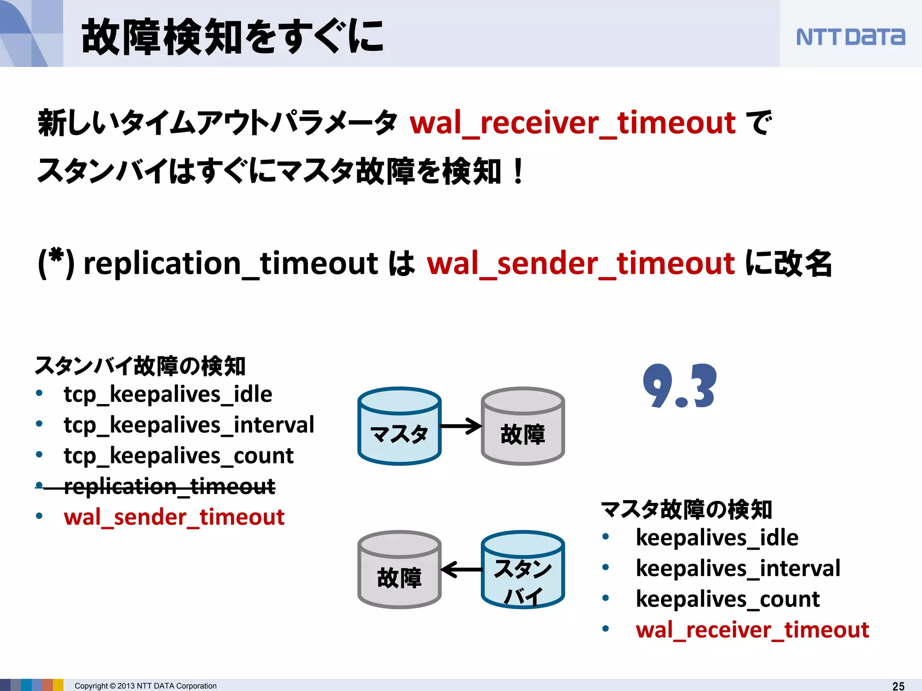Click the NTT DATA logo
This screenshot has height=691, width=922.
click(850, 37)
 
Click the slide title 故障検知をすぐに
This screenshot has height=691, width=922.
click(232, 37)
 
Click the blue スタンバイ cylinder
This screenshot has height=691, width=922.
click(523, 570)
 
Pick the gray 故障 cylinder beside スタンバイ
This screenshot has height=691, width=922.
click(399, 570)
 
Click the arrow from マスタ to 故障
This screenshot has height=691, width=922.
click(461, 426)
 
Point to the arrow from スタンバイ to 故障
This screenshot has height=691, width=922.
click(461, 570)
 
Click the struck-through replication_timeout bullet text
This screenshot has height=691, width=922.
click(169, 486)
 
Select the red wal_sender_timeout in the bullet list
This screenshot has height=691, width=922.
click(174, 517)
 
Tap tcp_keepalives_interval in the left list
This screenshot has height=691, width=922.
click(189, 425)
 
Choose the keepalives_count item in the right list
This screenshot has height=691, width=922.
click(727, 599)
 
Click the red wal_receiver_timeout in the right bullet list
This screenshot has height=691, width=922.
click(752, 629)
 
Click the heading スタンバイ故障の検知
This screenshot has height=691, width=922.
click(140, 366)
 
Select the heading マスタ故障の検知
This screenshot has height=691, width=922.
click(686, 510)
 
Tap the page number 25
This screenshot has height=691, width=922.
click(898, 686)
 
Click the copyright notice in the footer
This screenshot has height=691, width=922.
click(145, 686)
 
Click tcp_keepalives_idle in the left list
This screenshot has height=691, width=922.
click(168, 394)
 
